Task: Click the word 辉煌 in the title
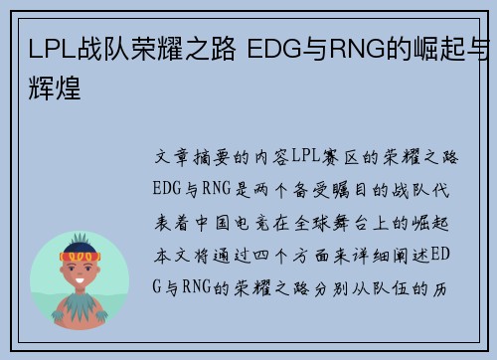(49, 64)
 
